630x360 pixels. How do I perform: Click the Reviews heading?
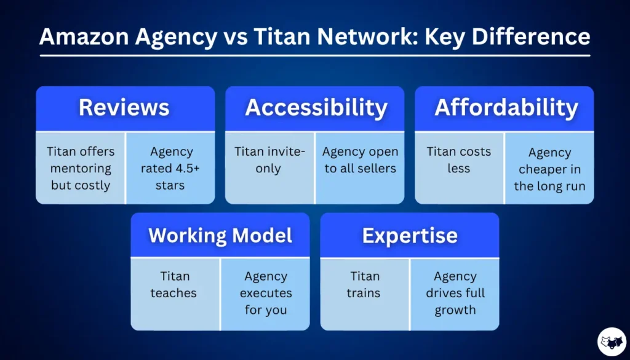[124, 108]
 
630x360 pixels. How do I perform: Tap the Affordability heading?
[506, 108]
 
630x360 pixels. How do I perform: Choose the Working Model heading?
[220, 235]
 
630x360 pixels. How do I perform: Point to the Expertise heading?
[410, 235]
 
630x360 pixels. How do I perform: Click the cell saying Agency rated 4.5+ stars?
[170, 168]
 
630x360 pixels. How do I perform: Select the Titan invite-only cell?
[269, 160]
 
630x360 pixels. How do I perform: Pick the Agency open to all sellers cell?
[361, 160]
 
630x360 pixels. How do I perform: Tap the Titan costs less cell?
[459, 160]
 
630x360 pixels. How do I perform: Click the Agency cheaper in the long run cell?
[549, 169]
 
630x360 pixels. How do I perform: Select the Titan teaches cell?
[174, 284]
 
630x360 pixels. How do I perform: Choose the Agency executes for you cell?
[266, 293]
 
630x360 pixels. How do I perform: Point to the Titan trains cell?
[364, 284]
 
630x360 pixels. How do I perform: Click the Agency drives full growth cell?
[455, 293]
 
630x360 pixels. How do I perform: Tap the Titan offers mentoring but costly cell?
[81, 168]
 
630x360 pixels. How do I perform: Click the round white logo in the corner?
[612, 342]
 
